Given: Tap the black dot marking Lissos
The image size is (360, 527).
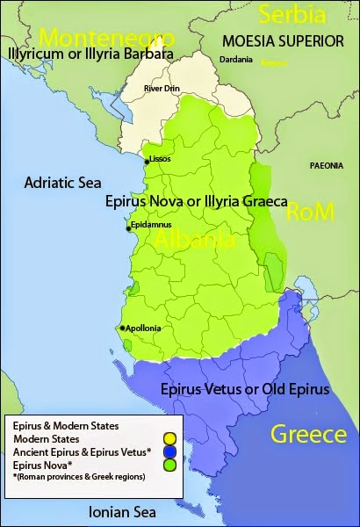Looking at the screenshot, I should (147, 161).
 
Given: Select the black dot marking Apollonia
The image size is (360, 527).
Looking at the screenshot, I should (122, 328).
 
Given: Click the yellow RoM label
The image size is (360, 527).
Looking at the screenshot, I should (313, 211).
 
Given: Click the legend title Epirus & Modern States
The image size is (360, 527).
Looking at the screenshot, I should (67, 426).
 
